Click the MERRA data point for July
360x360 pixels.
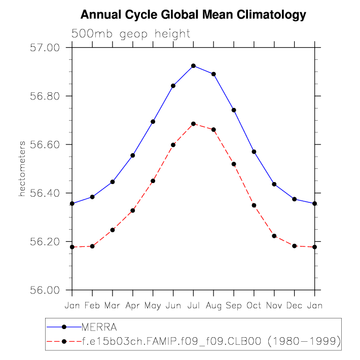click(x=193, y=66)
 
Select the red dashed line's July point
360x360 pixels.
click(x=193, y=124)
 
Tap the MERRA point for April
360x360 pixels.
click(x=133, y=155)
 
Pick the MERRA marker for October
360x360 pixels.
click(x=254, y=152)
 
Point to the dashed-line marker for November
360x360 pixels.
click(x=274, y=236)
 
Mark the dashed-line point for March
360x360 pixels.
click(x=113, y=230)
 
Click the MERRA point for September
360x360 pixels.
click(x=234, y=110)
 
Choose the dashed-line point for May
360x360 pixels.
click(x=153, y=181)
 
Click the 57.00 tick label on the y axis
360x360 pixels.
click(x=46, y=48)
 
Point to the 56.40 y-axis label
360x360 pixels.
click(x=46, y=193)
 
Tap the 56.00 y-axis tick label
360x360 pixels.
click(x=46, y=290)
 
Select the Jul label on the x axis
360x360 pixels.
click(x=193, y=306)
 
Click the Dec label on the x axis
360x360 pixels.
click(x=295, y=306)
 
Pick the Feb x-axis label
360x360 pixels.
click(x=92, y=306)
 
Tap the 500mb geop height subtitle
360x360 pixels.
click(x=130, y=34)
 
